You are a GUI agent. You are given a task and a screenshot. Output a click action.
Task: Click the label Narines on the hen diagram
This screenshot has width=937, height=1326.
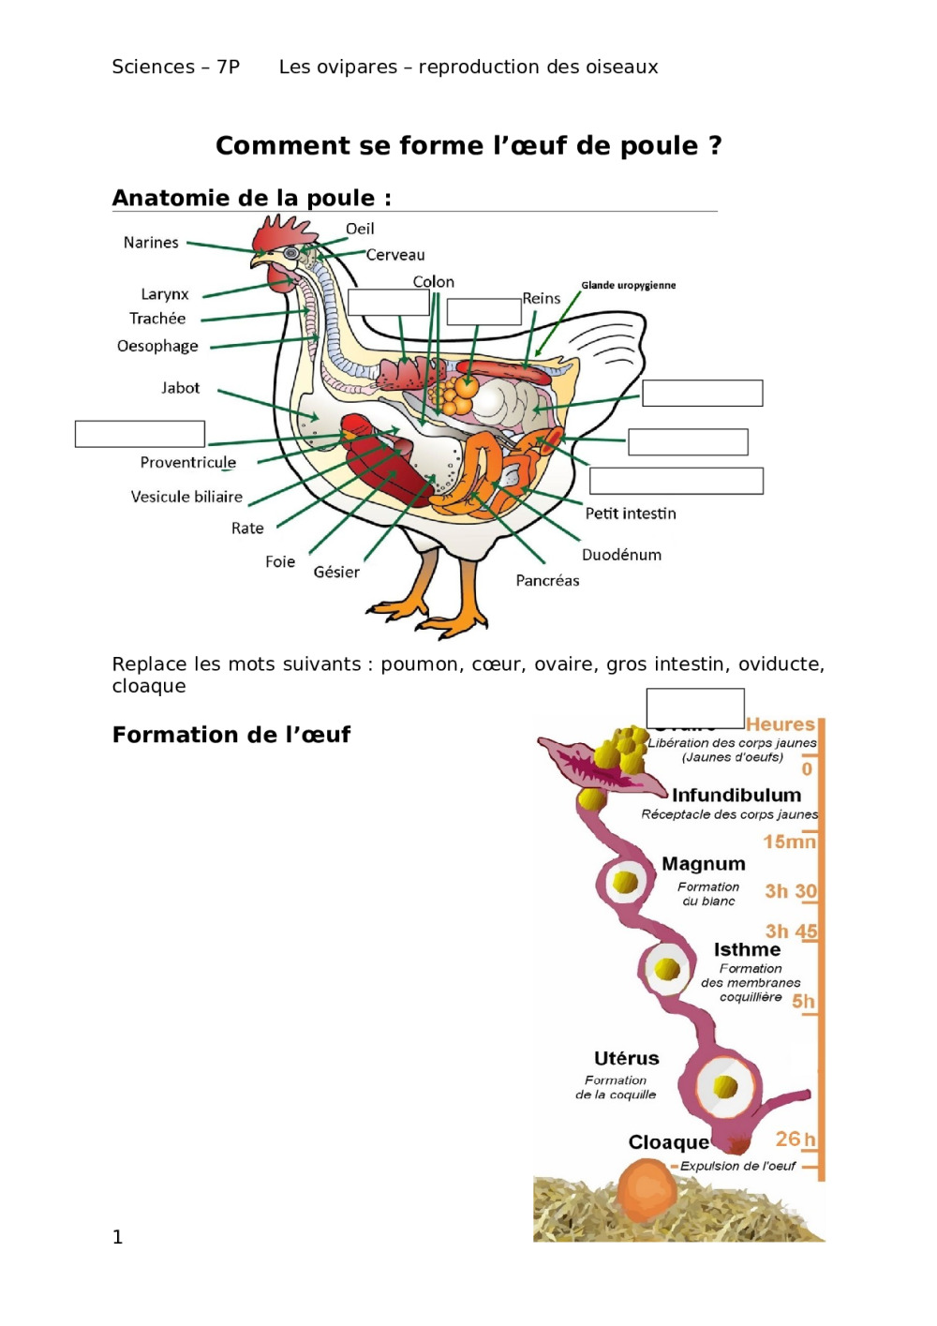pyautogui.click(x=151, y=243)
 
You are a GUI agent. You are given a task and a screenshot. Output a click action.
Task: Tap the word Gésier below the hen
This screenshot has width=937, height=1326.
pyautogui.click(x=336, y=572)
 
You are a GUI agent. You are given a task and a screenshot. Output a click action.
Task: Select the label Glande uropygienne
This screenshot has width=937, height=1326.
pyautogui.click(x=628, y=285)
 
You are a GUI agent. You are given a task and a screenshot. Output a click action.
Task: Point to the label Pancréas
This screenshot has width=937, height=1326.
pyautogui.click(x=547, y=581)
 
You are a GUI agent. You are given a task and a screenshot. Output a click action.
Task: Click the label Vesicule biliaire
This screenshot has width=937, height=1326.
pyautogui.click(x=186, y=497)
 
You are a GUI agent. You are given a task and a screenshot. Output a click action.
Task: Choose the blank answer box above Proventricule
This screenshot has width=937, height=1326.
pyautogui.click(x=140, y=434)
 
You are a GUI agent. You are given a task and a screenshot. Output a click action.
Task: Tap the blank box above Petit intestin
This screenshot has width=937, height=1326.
pyautogui.click(x=676, y=481)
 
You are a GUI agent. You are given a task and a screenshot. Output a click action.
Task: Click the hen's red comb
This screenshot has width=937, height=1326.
pyautogui.click(x=281, y=231)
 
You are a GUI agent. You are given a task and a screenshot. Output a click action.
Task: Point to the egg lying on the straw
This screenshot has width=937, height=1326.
pyautogui.click(x=647, y=1190)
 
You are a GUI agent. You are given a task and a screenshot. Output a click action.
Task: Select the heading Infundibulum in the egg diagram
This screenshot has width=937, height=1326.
pyautogui.click(x=736, y=796)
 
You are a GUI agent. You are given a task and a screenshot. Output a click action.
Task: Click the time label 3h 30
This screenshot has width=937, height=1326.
pyautogui.click(x=791, y=891)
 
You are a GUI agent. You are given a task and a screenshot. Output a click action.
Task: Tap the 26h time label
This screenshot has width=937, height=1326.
pyautogui.click(x=795, y=1140)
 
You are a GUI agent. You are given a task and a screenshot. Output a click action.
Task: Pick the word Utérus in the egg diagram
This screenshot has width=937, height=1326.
pyautogui.click(x=626, y=1059)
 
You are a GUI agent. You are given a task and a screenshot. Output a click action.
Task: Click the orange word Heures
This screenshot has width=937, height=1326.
pyautogui.click(x=780, y=724)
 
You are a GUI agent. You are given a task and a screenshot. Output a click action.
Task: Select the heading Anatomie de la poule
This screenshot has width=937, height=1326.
pyautogui.click(x=251, y=198)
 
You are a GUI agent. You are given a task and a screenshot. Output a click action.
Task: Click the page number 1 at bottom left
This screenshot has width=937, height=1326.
pyautogui.click(x=117, y=1237)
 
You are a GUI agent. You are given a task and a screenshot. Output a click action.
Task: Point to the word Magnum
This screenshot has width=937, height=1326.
pyautogui.click(x=703, y=864)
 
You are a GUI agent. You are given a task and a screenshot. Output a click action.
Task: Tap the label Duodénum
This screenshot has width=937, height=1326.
pyautogui.click(x=621, y=555)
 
